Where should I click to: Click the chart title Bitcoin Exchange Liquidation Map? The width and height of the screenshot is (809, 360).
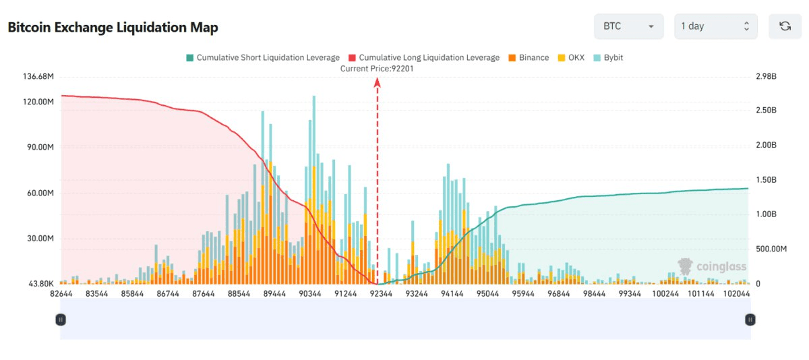click(113, 28)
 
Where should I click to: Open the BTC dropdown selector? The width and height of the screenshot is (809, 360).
click(628, 26)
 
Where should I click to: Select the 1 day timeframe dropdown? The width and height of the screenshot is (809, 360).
click(715, 26)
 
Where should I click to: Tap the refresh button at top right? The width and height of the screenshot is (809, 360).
click(785, 26)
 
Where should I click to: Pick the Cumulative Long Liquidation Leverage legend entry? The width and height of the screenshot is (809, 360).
click(424, 58)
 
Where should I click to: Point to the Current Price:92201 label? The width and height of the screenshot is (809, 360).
click(377, 68)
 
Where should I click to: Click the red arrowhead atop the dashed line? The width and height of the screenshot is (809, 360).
click(377, 82)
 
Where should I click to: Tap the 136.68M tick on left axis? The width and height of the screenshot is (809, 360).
click(38, 77)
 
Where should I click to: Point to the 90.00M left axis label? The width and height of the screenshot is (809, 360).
click(39, 147)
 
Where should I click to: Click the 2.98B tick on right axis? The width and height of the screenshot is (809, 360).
click(767, 77)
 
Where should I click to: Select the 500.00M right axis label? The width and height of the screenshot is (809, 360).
click(771, 249)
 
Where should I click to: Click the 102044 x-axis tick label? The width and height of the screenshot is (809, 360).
click(736, 294)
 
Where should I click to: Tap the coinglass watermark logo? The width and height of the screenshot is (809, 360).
click(713, 266)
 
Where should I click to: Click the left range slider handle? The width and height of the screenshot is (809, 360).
click(61, 320)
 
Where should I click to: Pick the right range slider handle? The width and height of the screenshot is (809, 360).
click(750, 320)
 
